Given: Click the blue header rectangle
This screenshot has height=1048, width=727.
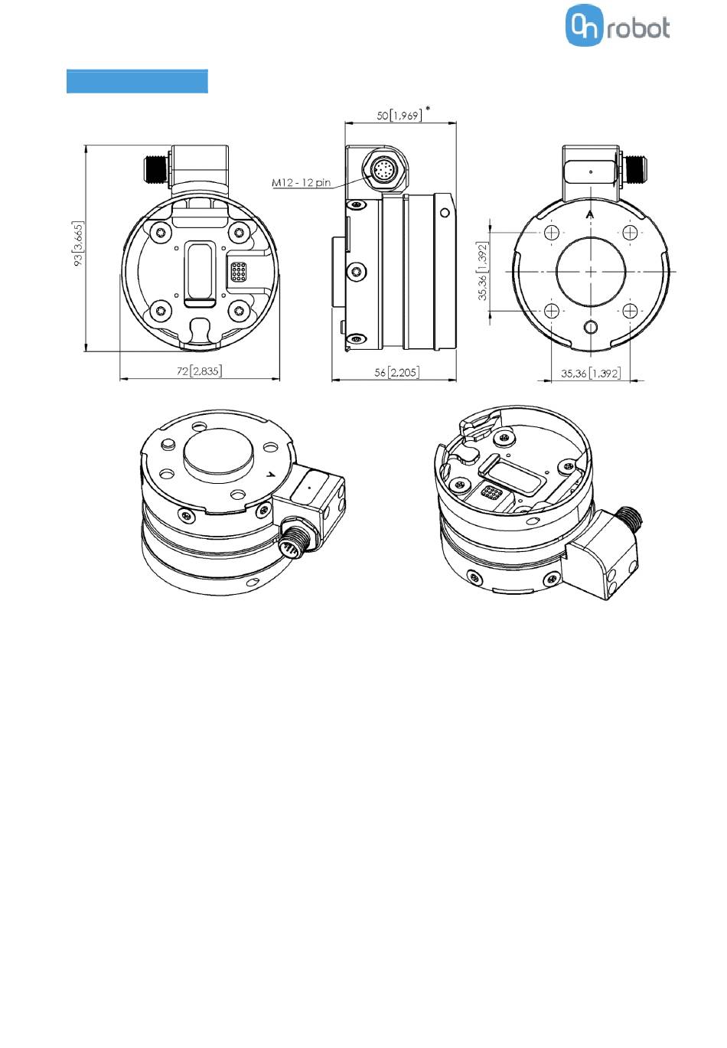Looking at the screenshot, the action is pos(137,81).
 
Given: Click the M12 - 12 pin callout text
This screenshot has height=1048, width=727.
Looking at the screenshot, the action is pos(302,182).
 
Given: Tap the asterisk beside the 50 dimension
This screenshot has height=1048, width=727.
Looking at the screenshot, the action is pos(428,109).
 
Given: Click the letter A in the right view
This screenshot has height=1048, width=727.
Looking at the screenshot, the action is pos(590,214).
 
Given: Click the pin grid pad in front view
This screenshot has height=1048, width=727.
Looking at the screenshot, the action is pos(239,271).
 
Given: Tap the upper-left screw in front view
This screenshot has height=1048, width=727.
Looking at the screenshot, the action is pos(161,233).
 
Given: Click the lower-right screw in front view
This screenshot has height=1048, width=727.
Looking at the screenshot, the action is pos(240,310).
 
